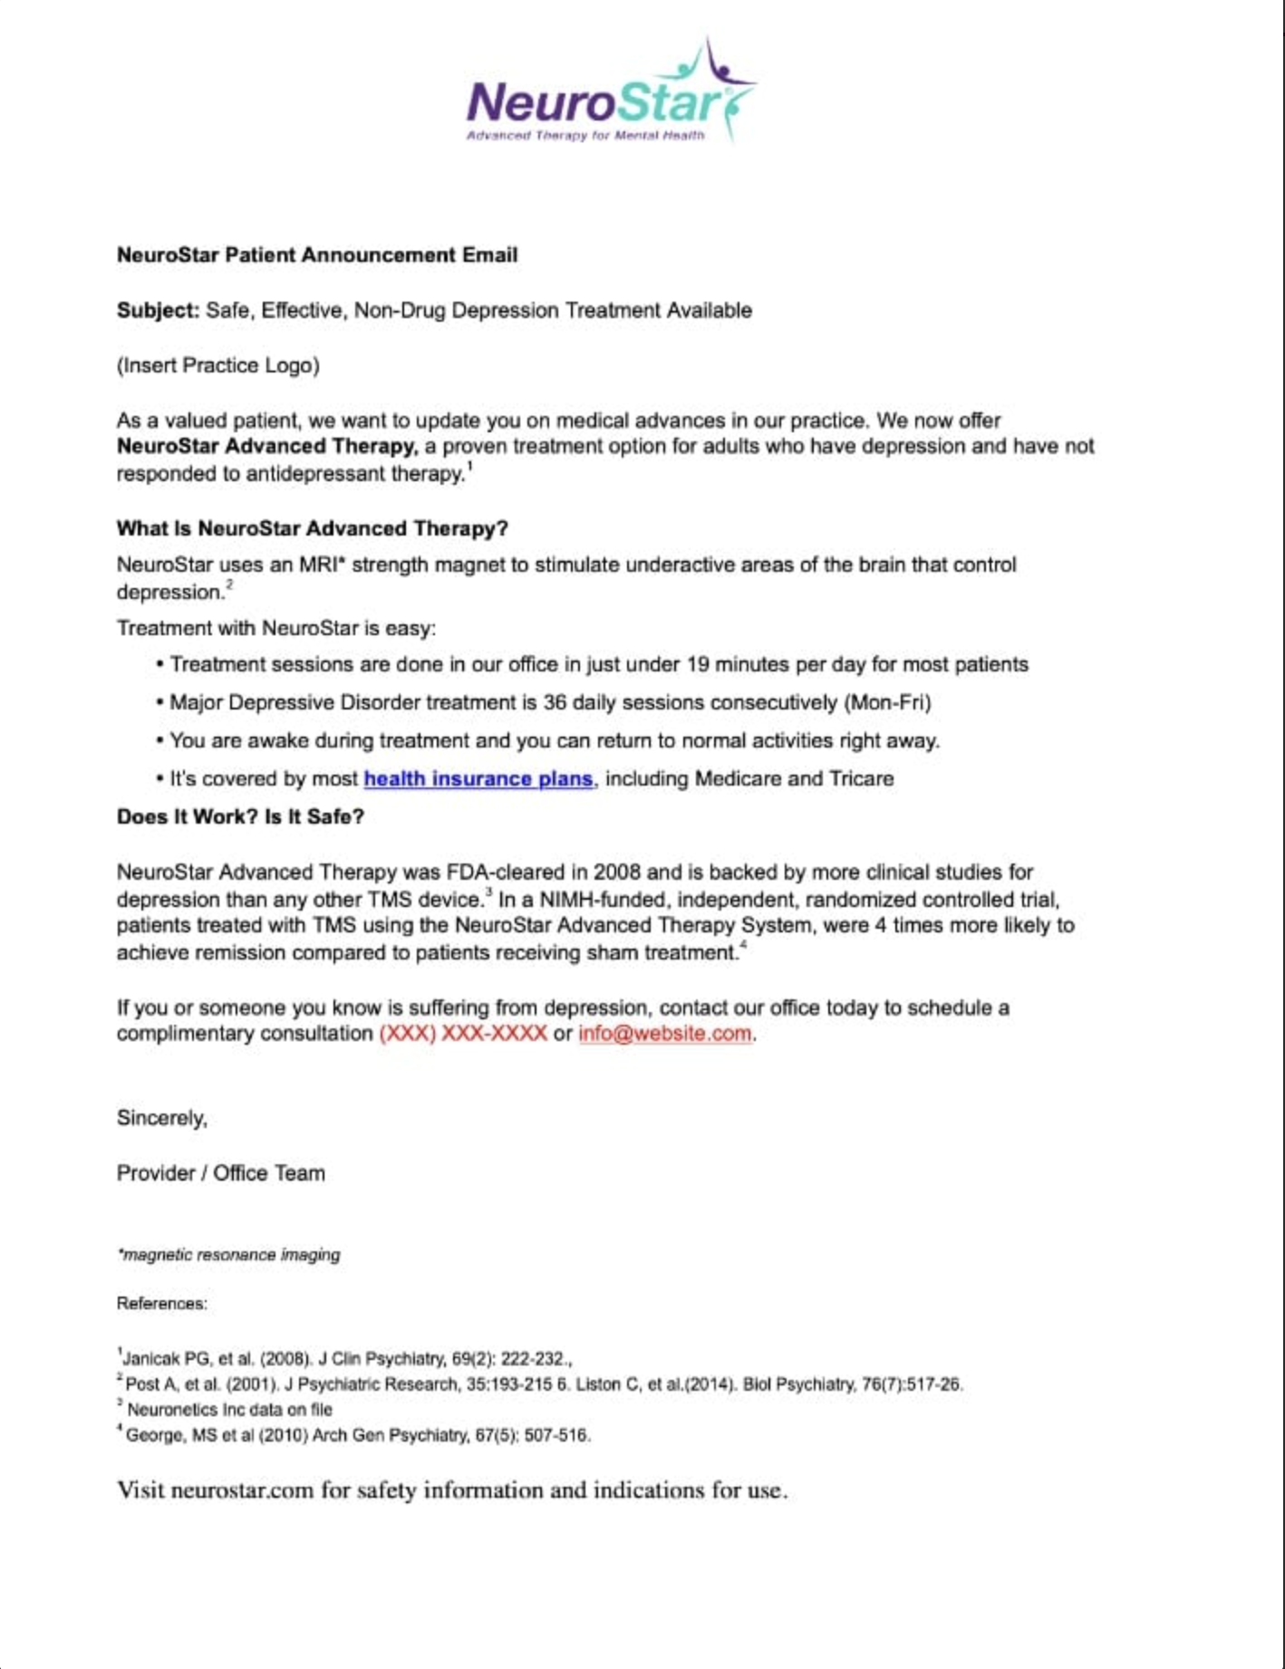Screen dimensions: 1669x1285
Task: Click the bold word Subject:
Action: (157, 311)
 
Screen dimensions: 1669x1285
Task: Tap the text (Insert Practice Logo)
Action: (218, 366)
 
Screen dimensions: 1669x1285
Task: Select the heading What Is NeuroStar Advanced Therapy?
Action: (312, 529)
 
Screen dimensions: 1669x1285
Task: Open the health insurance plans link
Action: (478, 779)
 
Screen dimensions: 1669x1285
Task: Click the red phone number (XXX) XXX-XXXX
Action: (463, 1034)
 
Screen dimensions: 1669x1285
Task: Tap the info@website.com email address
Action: (664, 1034)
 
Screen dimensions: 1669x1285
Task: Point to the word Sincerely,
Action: (162, 1118)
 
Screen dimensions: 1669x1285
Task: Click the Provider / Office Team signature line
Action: (220, 1173)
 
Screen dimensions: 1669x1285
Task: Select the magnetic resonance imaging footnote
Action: (229, 1255)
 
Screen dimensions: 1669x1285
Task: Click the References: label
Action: (161, 1304)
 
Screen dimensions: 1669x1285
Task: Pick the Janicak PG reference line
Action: (345, 1359)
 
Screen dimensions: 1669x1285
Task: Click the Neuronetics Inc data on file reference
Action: (228, 1410)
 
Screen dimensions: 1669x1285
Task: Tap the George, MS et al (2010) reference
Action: (357, 1435)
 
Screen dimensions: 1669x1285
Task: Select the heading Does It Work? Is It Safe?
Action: (240, 817)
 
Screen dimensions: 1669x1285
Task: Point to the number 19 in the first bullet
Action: (698, 665)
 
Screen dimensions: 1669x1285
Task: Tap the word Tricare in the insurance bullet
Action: (861, 779)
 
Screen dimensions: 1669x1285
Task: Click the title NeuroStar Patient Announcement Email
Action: (317, 256)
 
